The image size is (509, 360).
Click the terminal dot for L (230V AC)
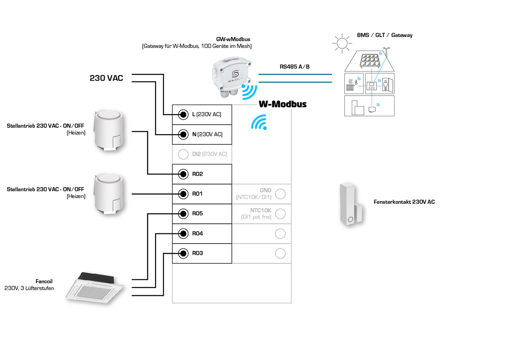183,115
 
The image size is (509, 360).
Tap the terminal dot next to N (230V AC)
183,135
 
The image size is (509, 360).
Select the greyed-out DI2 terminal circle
183,154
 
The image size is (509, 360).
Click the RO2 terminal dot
183,174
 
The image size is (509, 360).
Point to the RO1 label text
198,194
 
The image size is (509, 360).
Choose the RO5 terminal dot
183,214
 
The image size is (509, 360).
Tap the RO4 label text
198,233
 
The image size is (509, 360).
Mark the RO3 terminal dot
183,253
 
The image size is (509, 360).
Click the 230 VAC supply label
106,78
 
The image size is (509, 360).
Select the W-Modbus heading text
282,104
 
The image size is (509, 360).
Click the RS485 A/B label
295,67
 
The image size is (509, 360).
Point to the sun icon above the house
341,43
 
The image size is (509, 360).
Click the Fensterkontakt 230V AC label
404,202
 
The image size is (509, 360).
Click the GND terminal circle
280,194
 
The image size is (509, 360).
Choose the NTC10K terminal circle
280,214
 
